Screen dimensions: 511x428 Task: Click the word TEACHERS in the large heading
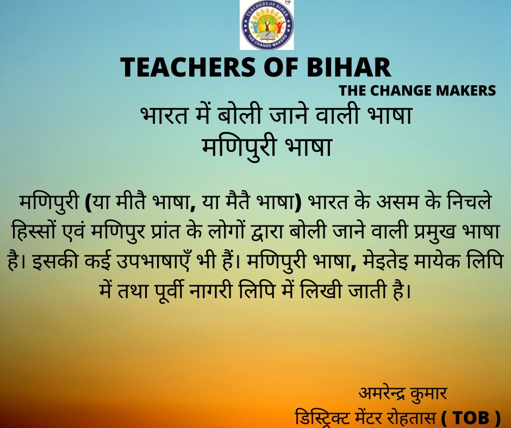(x=188, y=67)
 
